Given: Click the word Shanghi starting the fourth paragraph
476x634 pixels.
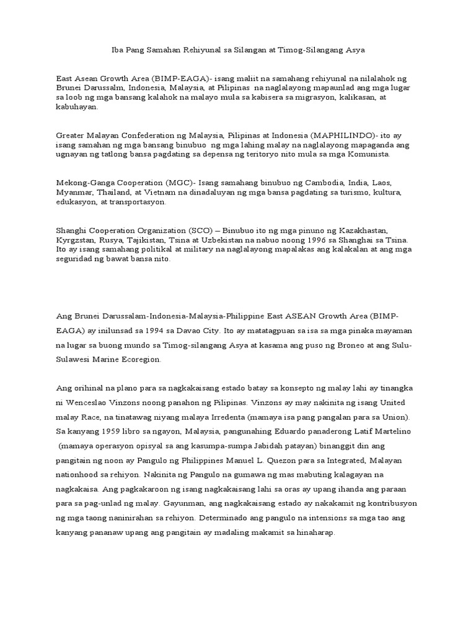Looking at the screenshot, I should pyautogui.click(x=72, y=230).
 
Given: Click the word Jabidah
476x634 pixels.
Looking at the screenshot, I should pyautogui.click(x=297, y=445).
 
